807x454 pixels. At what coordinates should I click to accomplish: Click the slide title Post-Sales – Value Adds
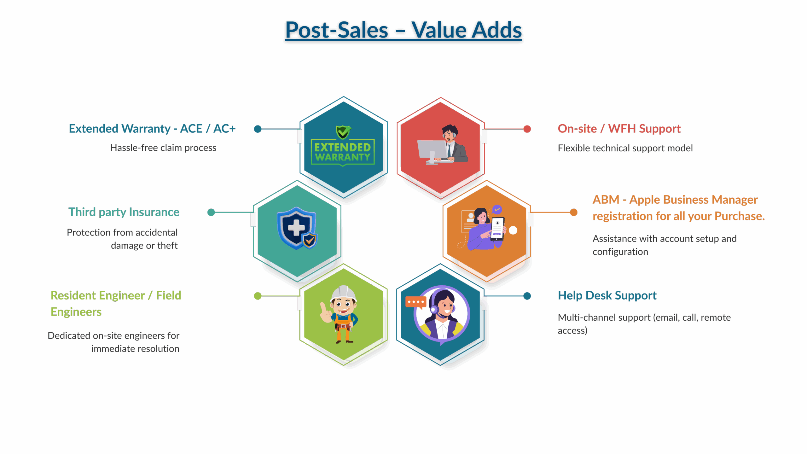pyautogui.click(x=403, y=31)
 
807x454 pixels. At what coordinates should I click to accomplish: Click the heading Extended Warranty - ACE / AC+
pyautogui.click(x=152, y=129)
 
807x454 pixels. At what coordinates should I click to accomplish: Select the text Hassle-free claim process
pyautogui.click(x=163, y=148)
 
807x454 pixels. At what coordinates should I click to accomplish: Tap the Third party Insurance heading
pyautogui.click(x=124, y=212)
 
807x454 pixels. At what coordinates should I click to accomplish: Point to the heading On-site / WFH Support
pyautogui.click(x=619, y=129)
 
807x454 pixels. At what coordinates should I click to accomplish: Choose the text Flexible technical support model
pyautogui.click(x=625, y=148)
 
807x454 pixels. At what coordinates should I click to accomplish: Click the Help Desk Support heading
pyautogui.click(x=607, y=295)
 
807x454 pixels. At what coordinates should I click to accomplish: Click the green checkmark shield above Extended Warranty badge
pyautogui.click(x=343, y=132)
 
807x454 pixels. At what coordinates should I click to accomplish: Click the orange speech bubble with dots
pyautogui.click(x=415, y=302)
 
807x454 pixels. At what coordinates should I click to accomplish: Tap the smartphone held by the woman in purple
pyautogui.click(x=497, y=228)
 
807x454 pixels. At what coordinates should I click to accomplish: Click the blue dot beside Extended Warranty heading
pyautogui.click(x=258, y=129)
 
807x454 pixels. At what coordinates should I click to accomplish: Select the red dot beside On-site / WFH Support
pyautogui.click(x=527, y=129)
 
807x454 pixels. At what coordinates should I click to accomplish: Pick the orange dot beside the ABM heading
pyautogui.click(x=573, y=212)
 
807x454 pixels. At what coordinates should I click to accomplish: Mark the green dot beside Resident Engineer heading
pyautogui.click(x=258, y=296)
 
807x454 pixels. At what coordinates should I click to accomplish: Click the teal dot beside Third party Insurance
pyautogui.click(x=211, y=212)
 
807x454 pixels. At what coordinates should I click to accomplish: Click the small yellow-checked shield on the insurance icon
pyautogui.click(x=310, y=241)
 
